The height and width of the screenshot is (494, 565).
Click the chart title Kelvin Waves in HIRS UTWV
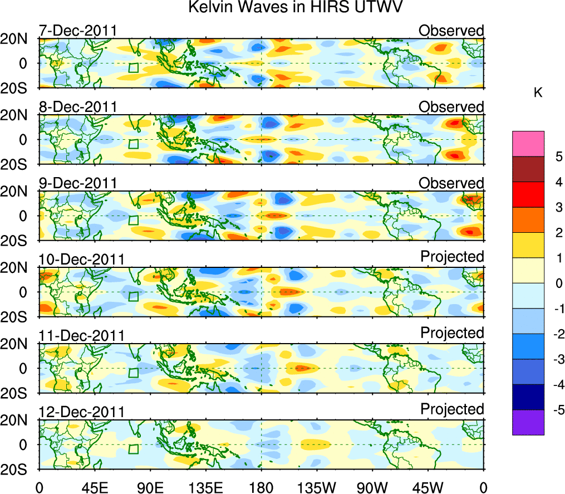pos(295,8)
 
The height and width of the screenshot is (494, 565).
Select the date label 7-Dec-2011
pos(77,30)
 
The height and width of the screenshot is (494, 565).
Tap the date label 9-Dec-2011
pos(77,183)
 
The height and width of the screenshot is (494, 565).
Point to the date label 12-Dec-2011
pos(81,412)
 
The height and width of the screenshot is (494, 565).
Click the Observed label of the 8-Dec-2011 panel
pos(451,106)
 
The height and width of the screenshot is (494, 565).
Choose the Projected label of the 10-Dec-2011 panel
pos(452,257)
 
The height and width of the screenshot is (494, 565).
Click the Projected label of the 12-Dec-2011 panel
pos(452,409)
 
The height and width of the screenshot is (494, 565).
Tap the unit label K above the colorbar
pos(538,92)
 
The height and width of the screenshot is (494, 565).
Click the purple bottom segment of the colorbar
pos(528,422)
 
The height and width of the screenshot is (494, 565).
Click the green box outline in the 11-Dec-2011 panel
pos(133,373)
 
